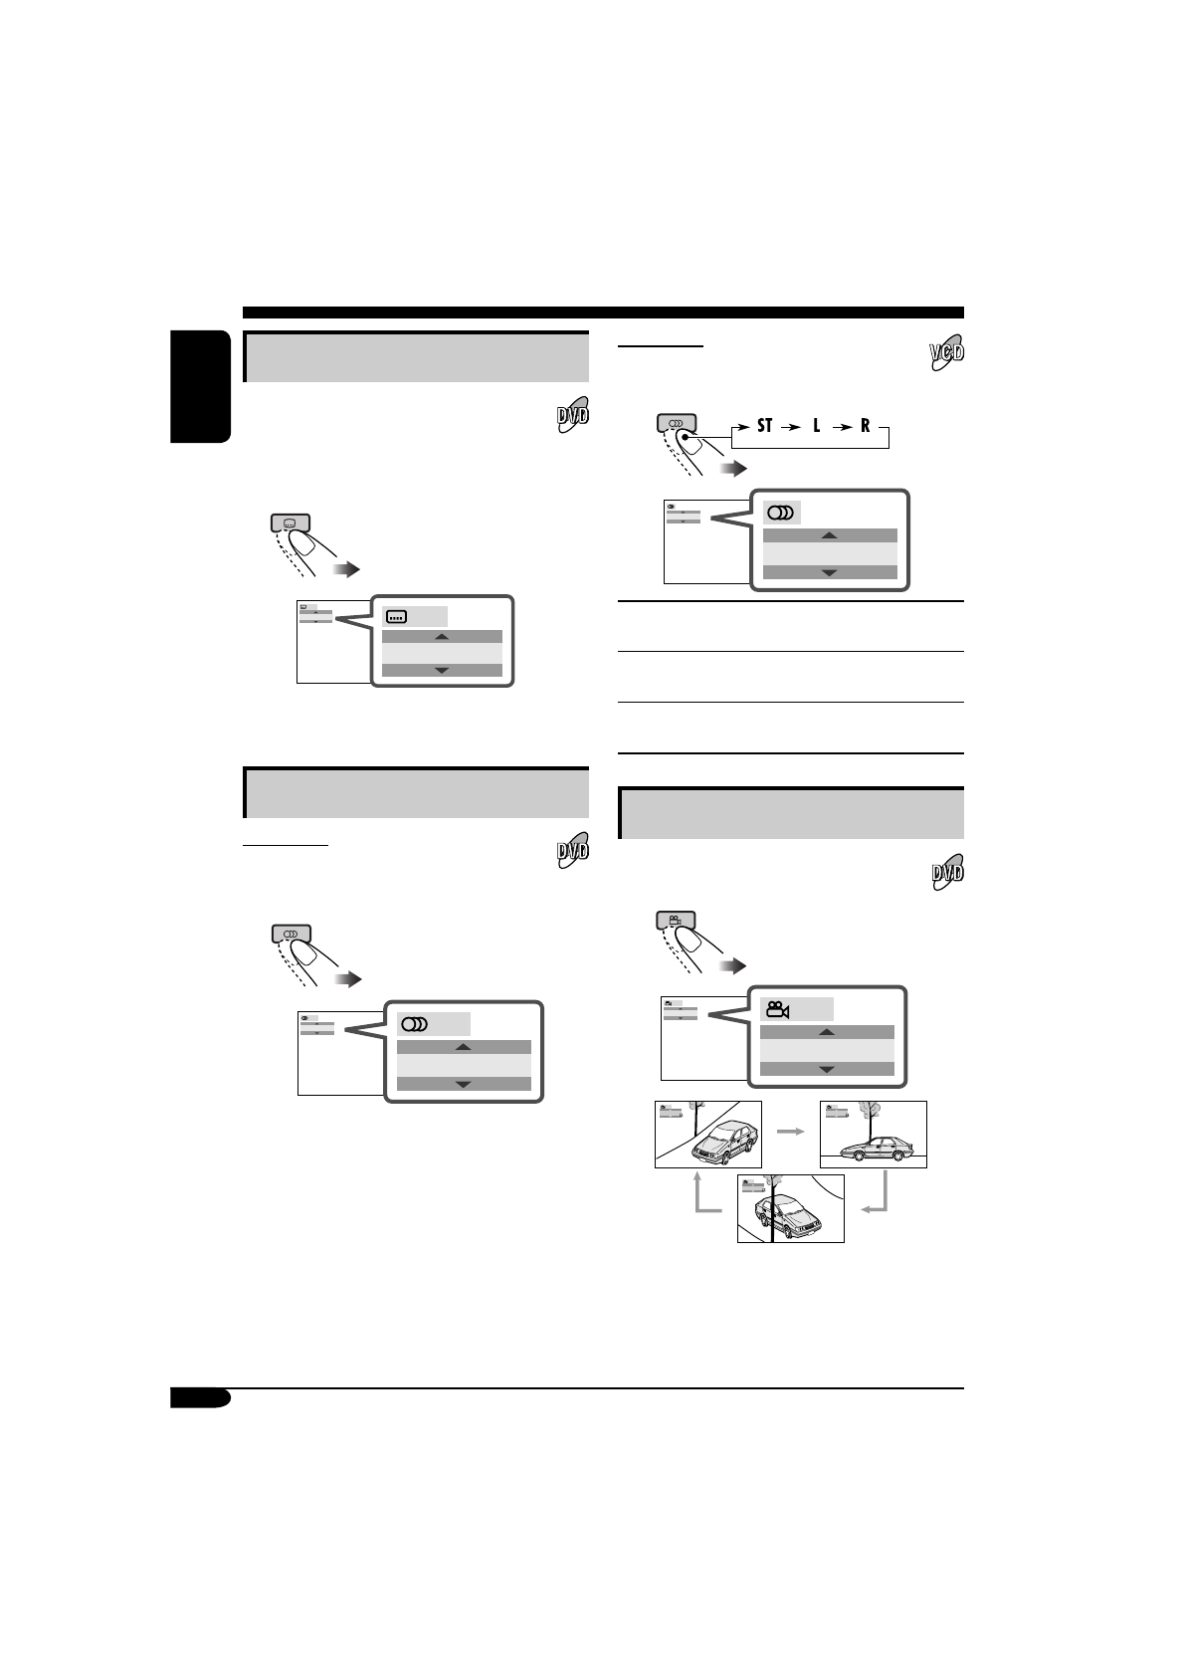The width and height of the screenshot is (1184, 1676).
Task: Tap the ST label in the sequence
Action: click(x=764, y=425)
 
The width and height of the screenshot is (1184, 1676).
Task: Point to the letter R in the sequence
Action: click(x=866, y=425)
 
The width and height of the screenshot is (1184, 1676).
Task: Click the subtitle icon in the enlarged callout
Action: click(x=398, y=617)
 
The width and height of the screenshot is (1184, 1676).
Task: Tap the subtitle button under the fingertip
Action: click(x=290, y=522)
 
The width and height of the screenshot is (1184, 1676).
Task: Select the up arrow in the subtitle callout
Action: click(x=442, y=637)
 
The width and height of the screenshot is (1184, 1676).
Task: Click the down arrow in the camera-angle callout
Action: click(x=826, y=1070)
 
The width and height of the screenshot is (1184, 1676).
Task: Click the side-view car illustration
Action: click(x=873, y=1148)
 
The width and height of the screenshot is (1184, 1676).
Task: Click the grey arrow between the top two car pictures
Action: click(x=791, y=1132)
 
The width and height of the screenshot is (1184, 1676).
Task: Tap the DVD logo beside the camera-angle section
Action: click(x=946, y=872)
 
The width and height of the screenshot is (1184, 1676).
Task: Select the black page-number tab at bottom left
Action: click(x=199, y=1399)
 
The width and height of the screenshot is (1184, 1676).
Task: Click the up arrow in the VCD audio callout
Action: click(x=829, y=535)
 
